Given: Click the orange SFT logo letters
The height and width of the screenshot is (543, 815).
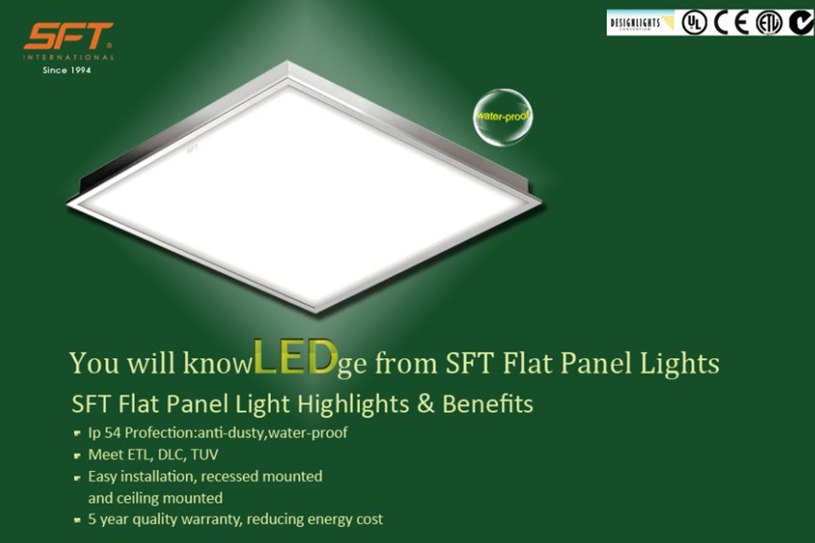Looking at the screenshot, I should [x=68, y=36].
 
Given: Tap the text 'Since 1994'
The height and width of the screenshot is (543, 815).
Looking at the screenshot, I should [x=67, y=70].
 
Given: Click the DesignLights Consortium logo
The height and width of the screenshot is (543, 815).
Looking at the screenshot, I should [x=641, y=23].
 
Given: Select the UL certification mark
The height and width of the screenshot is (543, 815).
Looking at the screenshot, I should [x=694, y=23].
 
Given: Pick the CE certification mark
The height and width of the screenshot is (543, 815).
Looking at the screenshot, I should [x=730, y=23].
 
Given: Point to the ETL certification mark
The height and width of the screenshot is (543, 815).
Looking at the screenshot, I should [x=768, y=23].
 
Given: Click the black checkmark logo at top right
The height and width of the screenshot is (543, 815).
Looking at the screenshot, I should [x=801, y=23].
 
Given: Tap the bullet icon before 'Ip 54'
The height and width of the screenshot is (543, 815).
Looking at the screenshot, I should [x=78, y=434].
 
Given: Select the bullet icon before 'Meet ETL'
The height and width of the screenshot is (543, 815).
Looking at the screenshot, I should [x=78, y=455].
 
